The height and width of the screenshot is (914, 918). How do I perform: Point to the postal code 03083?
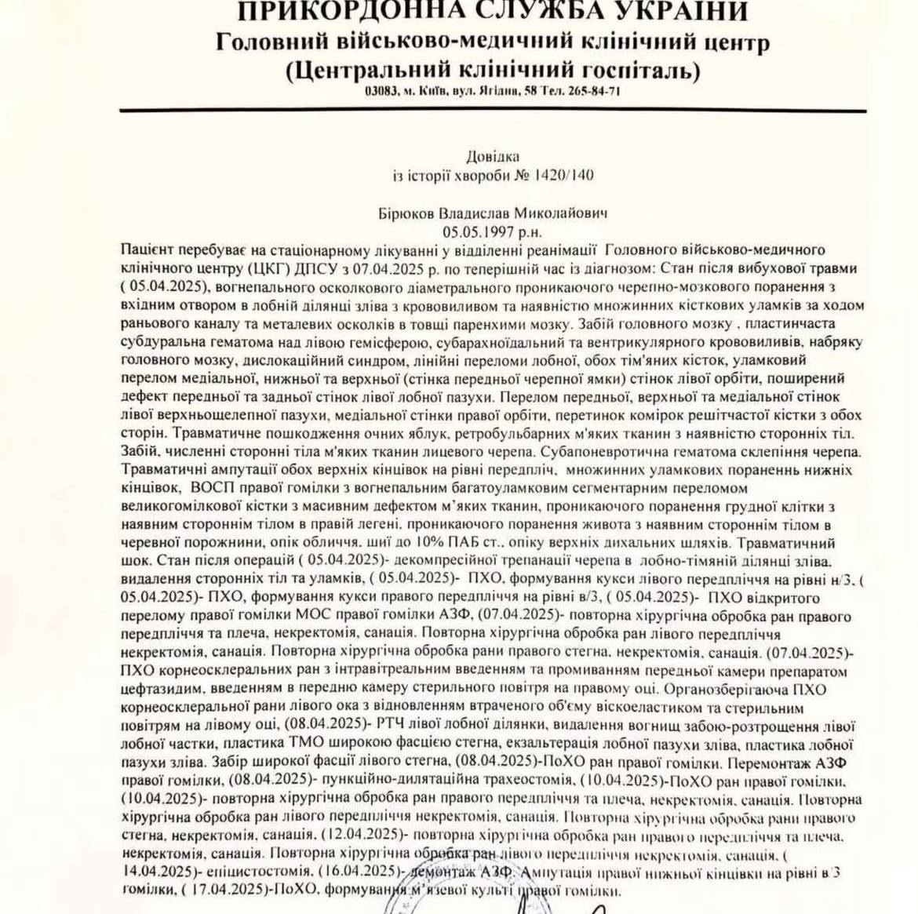(x=381, y=91)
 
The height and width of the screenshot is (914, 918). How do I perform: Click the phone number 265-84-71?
(x=599, y=91)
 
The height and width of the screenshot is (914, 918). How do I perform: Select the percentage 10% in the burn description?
(x=396, y=542)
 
